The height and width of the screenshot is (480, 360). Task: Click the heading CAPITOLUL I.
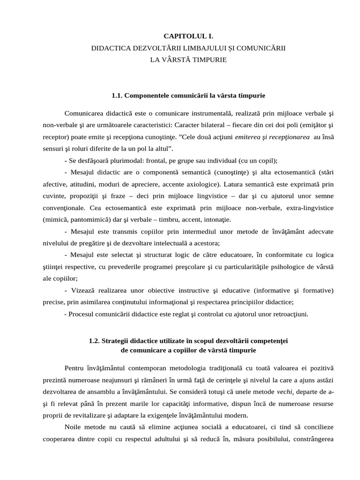184,36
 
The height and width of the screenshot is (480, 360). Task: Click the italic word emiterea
251,137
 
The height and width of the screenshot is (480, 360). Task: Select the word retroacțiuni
289,314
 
